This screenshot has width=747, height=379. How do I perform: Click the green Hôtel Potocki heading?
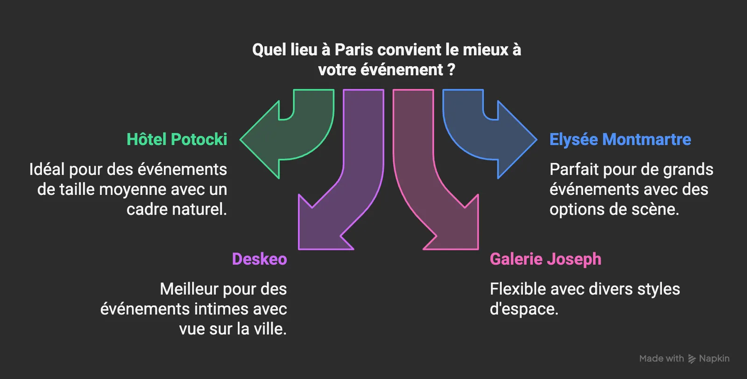(177, 139)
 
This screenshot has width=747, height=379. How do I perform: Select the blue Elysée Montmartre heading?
(620, 140)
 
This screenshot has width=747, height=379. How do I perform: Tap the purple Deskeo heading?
(260, 259)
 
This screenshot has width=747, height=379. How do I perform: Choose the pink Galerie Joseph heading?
(546, 259)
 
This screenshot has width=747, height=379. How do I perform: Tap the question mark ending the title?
(451, 70)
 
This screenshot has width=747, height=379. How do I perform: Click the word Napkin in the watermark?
(714, 358)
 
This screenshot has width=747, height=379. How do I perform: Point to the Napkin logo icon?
(692, 358)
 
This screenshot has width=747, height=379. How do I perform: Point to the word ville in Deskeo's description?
(270, 329)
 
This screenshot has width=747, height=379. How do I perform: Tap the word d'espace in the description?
(524, 309)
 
